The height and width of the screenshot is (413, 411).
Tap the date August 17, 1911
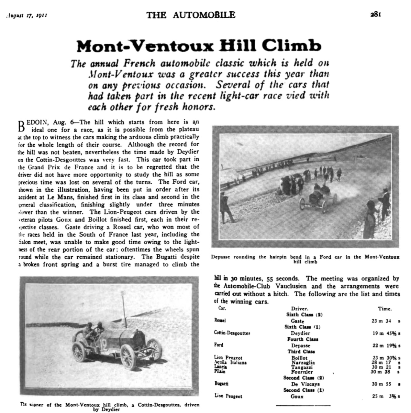click(26, 15)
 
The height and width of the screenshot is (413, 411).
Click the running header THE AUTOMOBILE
click(191, 15)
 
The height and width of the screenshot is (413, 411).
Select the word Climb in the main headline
click(296, 46)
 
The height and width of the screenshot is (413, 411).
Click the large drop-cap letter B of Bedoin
click(21, 126)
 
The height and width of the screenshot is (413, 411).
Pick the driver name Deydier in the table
click(300, 333)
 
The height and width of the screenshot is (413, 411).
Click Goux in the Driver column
click(297, 396)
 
